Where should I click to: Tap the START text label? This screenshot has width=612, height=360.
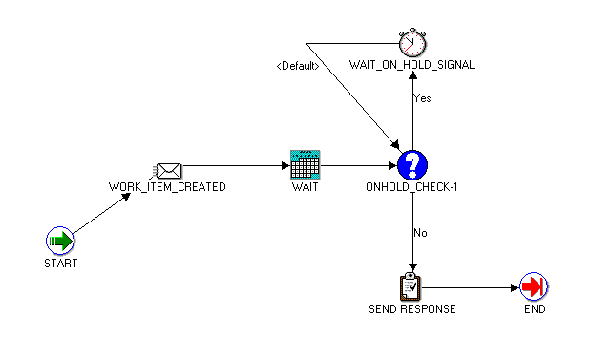tap(60, 263)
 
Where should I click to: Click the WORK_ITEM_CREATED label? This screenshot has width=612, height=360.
tap(167, 187)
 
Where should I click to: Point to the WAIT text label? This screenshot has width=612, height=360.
tap(305, 187)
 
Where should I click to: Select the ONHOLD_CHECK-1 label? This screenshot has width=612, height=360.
tap(412, 187)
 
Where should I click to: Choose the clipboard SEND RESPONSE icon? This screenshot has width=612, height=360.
tap(412, 286)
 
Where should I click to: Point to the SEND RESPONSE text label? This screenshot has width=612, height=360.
tap(412, 308)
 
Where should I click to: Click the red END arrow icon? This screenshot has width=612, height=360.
tap(534, 286)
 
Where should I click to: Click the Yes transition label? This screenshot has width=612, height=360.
tap(421, 97)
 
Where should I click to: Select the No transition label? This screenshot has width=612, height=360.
tap(420, 232)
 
